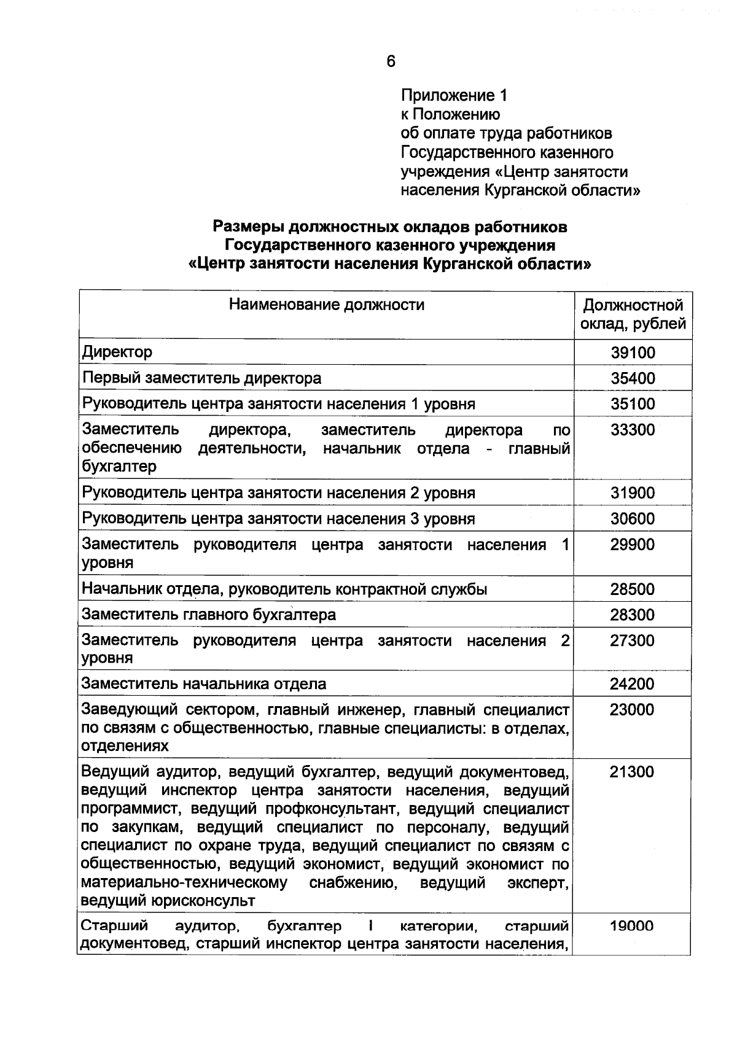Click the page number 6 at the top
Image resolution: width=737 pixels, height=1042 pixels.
[391, 61]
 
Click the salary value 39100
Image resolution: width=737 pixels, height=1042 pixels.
[633, 352]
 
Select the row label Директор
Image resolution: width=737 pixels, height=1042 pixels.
[117, 352]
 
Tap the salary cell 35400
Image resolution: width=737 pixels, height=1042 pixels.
[633, 378]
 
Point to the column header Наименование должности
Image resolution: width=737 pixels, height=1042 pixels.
[326, 305]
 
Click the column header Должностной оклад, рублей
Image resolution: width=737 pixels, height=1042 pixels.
[633, 314]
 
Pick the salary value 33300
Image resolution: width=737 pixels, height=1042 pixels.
[633, 430]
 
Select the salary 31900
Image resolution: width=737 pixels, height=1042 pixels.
[633, 493]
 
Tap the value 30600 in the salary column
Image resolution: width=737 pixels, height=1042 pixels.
[633, 519]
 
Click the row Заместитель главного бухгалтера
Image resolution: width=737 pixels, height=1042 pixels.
[209, 615]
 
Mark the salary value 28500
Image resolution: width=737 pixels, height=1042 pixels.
[633, 589]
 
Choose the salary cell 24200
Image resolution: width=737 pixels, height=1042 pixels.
[633, 684]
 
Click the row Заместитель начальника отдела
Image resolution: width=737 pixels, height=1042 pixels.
[204, 684]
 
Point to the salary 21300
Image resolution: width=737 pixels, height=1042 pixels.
[633, 772]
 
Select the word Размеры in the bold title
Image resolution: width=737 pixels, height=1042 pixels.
[248, 227]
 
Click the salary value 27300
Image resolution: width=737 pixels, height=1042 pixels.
[633, 641]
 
